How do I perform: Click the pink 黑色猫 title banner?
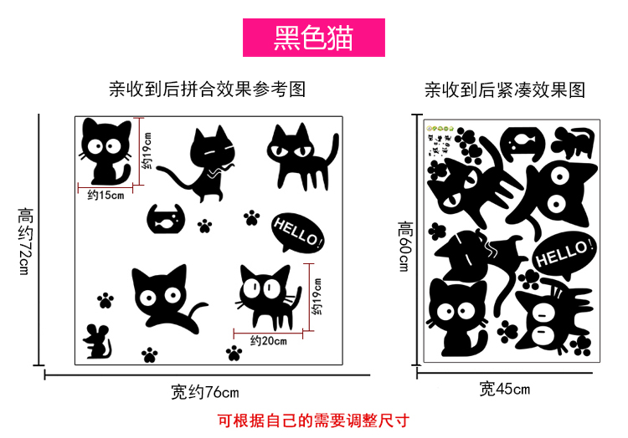point(314,38)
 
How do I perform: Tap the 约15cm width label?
point(106,195)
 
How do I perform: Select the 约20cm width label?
point(268,341)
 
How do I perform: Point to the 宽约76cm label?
point(204,392)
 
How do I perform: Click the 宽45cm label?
point(505,389)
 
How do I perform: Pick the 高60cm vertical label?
point(405,247)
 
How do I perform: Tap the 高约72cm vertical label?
point(25,241)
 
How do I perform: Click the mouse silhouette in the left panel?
point(97,341)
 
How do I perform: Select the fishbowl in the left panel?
point(166,219)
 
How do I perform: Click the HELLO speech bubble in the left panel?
point(297,232)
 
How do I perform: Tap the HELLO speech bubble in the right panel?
point(564,254)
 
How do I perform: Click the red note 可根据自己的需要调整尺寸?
point(314,420)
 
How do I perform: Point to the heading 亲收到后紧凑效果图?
point(505,89)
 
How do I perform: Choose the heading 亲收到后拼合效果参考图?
point(208,89)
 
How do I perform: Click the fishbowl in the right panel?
point(522,145)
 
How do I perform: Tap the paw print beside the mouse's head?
point(106,300)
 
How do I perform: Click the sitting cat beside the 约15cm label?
point(106,151)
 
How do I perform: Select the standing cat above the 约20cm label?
point(268,297)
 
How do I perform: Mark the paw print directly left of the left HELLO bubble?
point(251,217)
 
